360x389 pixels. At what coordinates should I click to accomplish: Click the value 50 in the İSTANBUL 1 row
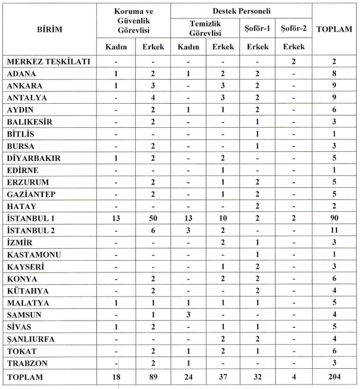coord(153,216)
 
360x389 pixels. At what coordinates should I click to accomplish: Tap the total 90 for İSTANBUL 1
coord(334,216)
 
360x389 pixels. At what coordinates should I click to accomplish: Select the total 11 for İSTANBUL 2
coord(334,229)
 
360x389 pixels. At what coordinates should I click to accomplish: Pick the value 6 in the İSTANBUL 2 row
coord(153,229)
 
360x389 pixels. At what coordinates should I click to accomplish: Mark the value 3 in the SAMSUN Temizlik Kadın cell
coord(188,313)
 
